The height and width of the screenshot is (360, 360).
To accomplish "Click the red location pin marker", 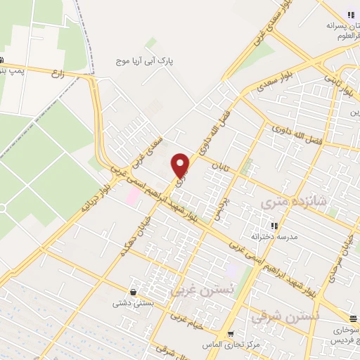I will click(x=181, y=165).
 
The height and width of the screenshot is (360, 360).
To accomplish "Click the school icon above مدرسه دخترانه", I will click(x=274, y=226).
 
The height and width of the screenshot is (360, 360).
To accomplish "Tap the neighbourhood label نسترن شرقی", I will click(x=285, y=316).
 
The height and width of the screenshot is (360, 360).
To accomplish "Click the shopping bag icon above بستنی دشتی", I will click(x=133, y=292).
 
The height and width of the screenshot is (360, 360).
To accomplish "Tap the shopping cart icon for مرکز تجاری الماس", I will click(x=231, y=333).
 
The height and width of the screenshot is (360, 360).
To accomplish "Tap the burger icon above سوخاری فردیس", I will click(x=355, y=318).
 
